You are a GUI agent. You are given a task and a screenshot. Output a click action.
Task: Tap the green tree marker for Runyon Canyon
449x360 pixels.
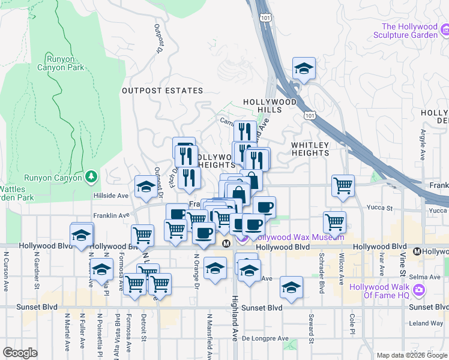(x=91, y=177)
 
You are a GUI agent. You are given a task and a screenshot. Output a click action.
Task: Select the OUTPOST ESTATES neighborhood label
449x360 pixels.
(x=162, y=91)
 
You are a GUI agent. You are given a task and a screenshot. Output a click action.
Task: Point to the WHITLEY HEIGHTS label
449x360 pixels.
(x=310, y=149)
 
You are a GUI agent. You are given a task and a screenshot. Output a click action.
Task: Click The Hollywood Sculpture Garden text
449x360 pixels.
(x=415, y=31)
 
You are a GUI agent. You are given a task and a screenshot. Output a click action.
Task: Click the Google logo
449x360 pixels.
(x=20, y=353)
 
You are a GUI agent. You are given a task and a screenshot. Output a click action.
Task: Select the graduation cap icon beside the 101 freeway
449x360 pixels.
(x=304, y=69)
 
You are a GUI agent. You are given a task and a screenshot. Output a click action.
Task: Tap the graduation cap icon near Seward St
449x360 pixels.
(x=291, y=288)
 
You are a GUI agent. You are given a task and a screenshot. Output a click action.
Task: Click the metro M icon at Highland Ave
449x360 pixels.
(x=226, y=243)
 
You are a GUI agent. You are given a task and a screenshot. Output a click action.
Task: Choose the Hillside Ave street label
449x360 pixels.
(x=111, y=196)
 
